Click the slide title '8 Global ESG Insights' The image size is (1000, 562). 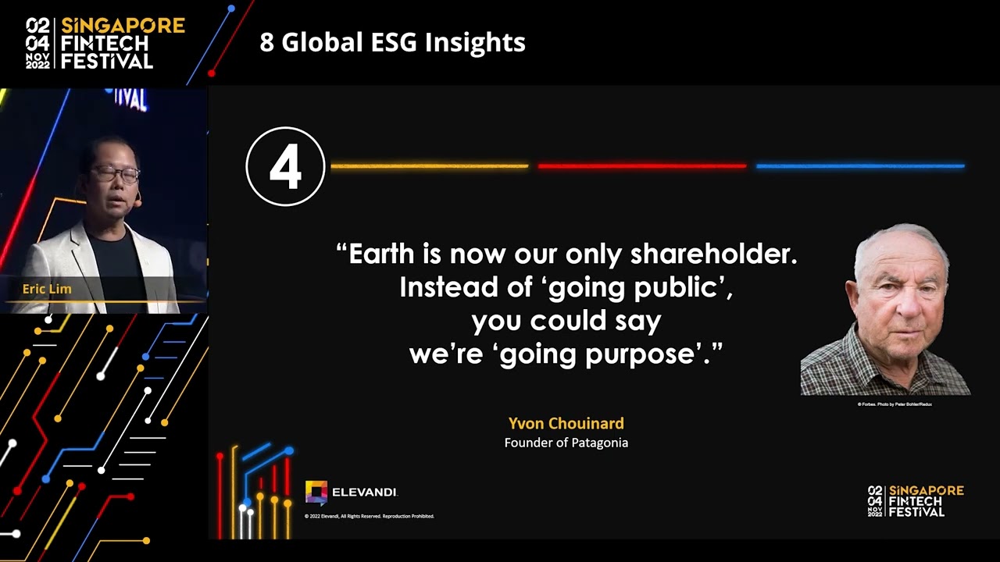[x=392, y=42]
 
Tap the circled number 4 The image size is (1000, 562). [x=285, y=166]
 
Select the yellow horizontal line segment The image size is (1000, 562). [x=429, y=166]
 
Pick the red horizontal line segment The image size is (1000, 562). [x=642, y=166]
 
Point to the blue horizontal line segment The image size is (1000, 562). [x=860, y=166]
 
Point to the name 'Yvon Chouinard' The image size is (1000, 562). [x=566, y=424]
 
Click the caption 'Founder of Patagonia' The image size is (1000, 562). [x=566, y=443]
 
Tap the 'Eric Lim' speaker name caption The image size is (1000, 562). [x=47, y=289]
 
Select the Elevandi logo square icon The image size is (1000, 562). [x=316, y=492]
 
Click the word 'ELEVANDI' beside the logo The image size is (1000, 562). [x=365, y=493]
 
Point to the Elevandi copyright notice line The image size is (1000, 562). [x=370, y=516]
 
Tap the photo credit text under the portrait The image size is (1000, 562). [x=895, y=404]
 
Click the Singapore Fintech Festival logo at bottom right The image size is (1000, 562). [x=916, y=500]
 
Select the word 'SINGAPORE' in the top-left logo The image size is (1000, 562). [x=123, y=26]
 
